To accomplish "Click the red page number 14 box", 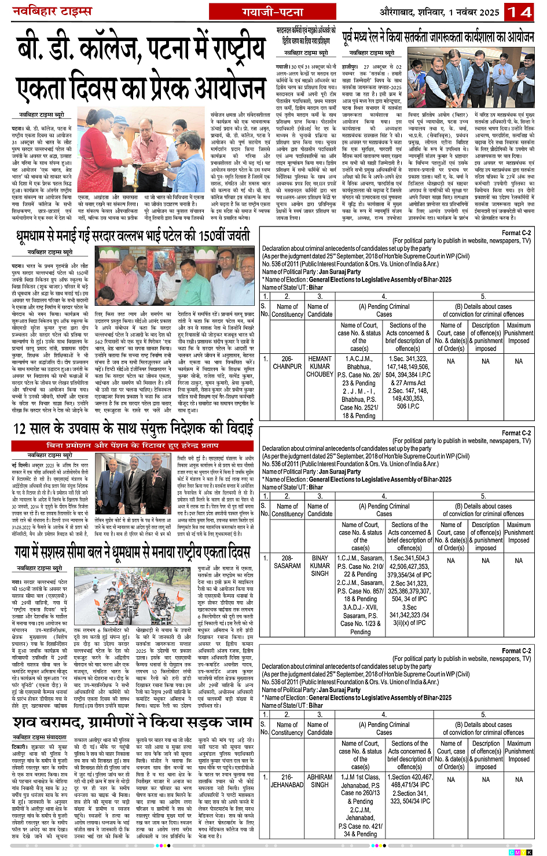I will [x=519, y=12].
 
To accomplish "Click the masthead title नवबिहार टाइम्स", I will [x=53, y=12].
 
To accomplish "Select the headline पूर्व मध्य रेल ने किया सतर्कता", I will [x=438, y=36].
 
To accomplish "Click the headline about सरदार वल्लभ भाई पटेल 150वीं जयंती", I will [x=133, y=236].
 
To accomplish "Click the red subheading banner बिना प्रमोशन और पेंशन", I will [x=133, y=445].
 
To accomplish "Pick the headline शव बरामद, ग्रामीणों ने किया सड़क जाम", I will [x=133, y=722].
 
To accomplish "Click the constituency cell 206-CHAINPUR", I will [x=287, y=363].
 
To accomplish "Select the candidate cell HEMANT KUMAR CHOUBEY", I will [x=320, y=367].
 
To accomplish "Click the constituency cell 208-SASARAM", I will [x=287, y=562].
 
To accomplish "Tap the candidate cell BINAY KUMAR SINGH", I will [x=320, y=566].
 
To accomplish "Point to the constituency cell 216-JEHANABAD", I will [x=287, y=781].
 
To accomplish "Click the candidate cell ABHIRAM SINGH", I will [x=320, y=781].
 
